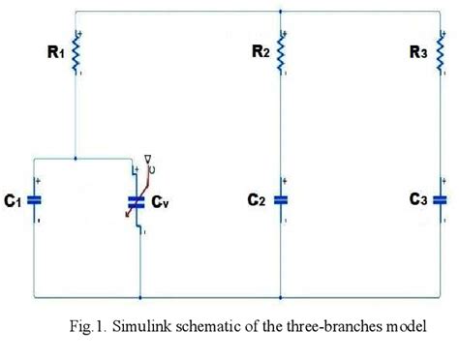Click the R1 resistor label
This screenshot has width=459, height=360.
(54, 54)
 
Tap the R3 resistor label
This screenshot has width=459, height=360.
(416, 54)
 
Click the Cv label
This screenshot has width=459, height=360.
(162, 202)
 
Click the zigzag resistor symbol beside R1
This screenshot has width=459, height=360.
(76, 55)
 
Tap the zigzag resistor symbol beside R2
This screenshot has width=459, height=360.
(282, 54)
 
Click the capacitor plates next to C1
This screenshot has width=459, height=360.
(35, 200)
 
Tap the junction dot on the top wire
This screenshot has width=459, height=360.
(281, 13)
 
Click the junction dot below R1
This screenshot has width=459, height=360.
(76, 157)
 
